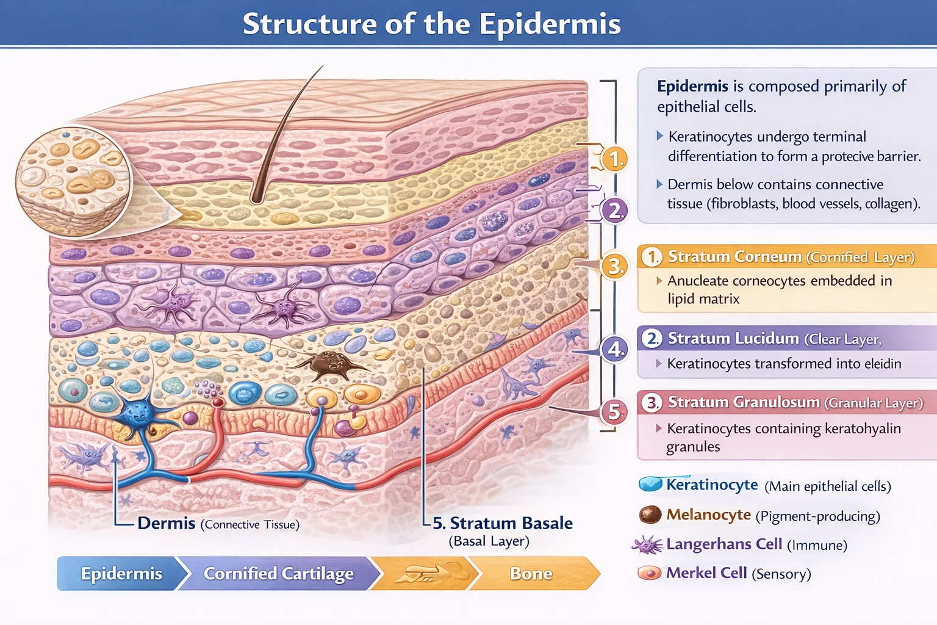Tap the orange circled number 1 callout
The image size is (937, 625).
(615, 159)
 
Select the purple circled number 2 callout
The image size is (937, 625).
(614, 211)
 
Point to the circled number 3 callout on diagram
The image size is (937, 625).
(614, 267)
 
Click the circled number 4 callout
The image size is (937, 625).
(614, 349)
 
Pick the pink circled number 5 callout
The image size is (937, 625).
(614, 412)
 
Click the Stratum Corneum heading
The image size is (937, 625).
(734, 256)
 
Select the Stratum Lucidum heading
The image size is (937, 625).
(733, 338)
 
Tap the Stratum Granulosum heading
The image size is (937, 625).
(743, 402)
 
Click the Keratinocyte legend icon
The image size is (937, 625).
(650, 485)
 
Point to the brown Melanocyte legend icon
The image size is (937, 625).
(650, 515)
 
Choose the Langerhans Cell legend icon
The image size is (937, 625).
(647, 544)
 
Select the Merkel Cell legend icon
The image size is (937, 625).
(650, 573)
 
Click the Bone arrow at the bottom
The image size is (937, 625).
(531, 574)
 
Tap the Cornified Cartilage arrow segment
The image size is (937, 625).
(278, 574)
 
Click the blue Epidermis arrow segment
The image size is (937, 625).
(121, 574)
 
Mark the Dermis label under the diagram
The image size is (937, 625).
(166, 524)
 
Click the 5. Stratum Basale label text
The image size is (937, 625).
(502, 524)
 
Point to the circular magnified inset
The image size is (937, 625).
(73, 181)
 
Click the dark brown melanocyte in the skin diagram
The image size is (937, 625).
(329, 365)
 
